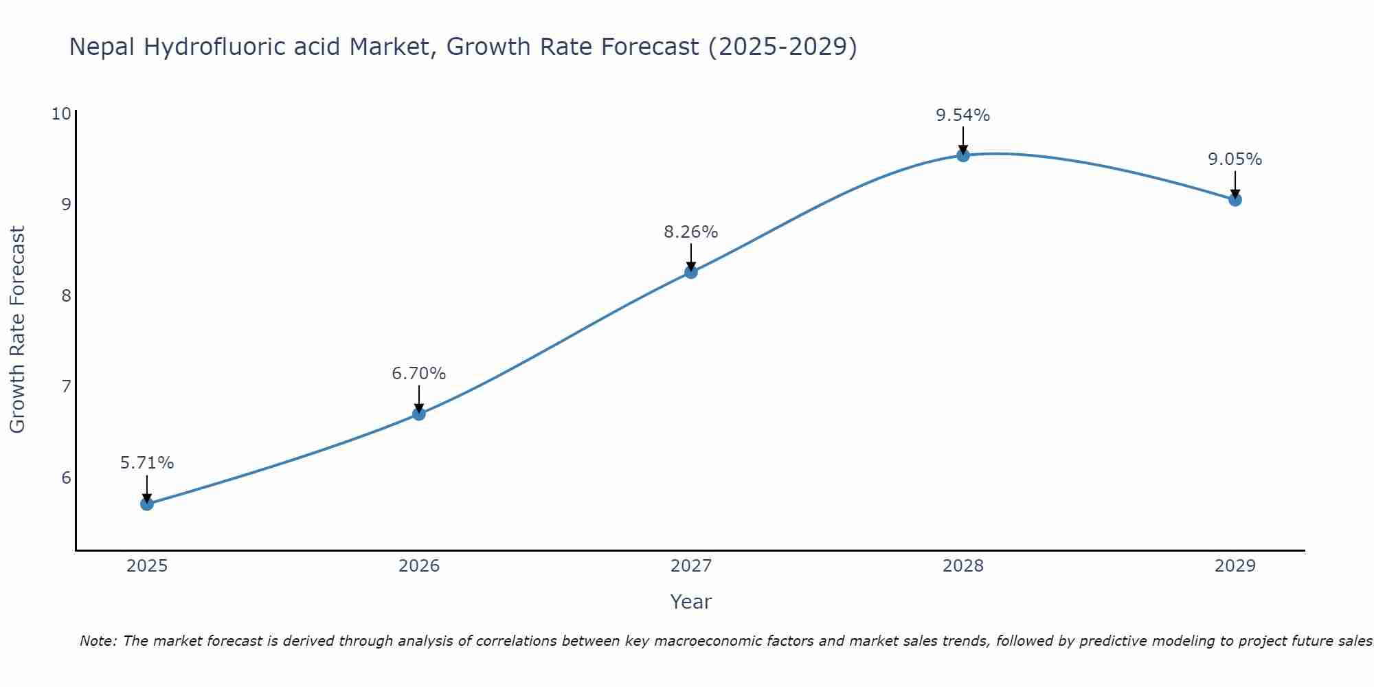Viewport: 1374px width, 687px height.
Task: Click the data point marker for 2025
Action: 147,504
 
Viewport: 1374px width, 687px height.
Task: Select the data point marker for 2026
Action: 419,414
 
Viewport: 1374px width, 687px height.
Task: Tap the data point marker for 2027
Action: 691,272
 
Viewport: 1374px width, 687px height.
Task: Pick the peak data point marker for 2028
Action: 963,155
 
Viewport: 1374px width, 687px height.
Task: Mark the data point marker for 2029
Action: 1235,200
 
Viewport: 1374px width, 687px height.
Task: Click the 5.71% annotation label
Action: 147,463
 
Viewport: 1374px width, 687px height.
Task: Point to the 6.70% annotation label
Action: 419,374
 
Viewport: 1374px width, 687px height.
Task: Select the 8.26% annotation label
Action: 691,232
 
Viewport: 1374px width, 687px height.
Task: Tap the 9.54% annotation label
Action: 963,115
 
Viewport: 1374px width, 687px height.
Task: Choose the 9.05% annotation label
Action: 1235,159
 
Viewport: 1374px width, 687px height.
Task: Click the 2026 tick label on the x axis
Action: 419,566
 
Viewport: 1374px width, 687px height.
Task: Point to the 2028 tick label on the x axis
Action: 963,566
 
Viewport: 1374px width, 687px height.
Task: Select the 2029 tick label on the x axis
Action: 1235,566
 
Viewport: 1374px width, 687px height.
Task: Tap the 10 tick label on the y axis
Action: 61,114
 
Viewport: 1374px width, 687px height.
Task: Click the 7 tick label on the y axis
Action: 66,387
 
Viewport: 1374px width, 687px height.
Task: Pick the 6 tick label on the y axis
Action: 66,477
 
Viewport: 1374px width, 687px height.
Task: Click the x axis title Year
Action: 691,602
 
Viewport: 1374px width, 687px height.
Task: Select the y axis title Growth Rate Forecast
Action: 18,330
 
